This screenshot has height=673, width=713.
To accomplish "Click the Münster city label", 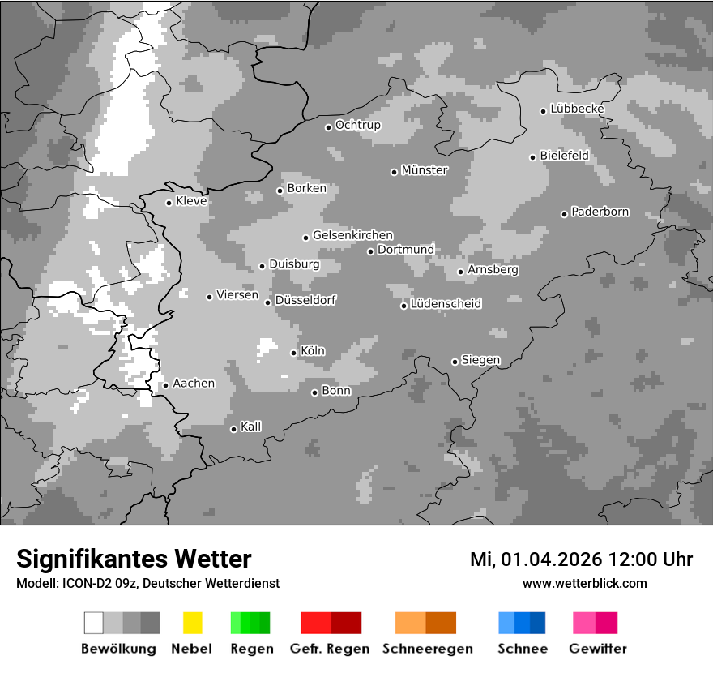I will (425, 170).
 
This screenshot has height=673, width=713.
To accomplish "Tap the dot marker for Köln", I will (293, 353).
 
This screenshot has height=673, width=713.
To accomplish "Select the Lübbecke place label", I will (577, 109).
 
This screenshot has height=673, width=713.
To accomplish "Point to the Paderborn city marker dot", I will (564, 214).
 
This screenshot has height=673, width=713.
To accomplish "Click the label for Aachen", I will (194, 384).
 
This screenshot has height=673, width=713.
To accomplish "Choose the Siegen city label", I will (480, 360).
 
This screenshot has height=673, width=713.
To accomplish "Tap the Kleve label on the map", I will (191, 201).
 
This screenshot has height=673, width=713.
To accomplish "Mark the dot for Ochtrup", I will (328, 127).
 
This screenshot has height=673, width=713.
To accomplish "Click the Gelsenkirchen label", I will (352, 235).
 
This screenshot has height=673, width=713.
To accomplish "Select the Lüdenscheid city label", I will (446, 304).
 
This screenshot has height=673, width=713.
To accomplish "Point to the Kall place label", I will (250, 427).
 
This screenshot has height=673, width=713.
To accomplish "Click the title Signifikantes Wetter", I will (134, 559).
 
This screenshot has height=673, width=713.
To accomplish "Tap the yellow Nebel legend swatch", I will (192, 623).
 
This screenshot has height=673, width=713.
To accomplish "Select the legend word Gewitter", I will (597, 649).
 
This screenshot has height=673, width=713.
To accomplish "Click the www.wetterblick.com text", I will (584, 583).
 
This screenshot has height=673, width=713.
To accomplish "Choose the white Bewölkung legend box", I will (94, 623).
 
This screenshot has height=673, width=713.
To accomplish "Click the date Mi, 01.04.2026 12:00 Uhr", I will (581, 559).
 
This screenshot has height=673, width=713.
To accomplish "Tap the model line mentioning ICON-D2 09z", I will (147, 583).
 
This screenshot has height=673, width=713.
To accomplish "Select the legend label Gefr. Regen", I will (329, 649).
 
